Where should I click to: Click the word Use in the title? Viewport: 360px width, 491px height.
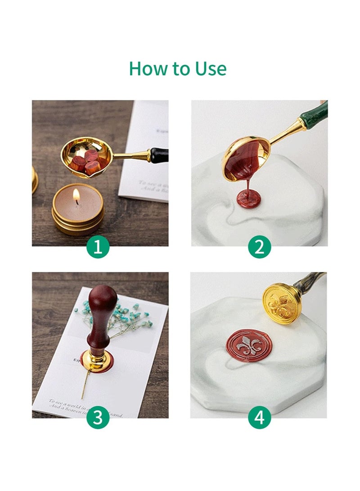coord(211,69)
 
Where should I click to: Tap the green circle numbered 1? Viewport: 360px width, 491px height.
coord(98,247)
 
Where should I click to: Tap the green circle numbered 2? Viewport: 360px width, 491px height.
coord(260,247)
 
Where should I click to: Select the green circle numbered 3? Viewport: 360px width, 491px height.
coord(98,419)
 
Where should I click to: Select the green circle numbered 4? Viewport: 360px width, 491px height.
coord(260,419)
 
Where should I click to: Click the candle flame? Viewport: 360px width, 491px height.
coord(76,195)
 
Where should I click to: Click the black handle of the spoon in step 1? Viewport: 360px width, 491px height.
coord(159,155)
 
